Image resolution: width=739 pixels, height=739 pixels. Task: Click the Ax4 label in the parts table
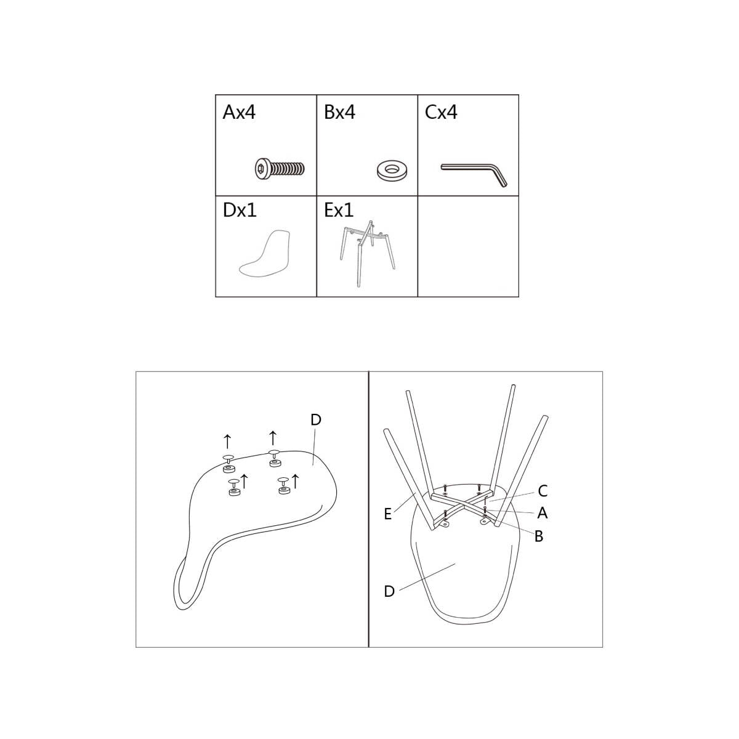(239, 112)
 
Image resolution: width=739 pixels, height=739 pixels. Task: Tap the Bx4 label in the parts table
(339, 112)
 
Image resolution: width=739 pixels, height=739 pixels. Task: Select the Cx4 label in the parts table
(441, 112)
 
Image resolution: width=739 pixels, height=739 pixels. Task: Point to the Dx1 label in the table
(240, 210)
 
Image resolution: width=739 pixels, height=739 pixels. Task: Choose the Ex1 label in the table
(339, 210)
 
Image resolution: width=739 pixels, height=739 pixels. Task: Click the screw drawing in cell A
(280, 168)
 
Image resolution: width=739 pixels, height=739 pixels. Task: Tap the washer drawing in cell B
(392, 170)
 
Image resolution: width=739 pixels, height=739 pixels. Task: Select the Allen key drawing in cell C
(474, 173)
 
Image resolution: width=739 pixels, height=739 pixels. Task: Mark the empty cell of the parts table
(468, 246)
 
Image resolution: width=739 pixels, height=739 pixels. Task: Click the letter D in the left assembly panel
(316, 420)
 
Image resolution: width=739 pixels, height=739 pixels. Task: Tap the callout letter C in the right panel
(543, 491)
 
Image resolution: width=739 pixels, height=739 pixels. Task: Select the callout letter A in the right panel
(543, 513)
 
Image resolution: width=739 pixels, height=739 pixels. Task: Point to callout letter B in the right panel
(539, 536)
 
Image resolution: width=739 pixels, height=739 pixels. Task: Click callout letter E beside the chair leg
(388, 514)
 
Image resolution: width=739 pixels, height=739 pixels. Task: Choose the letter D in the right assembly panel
(389, 591)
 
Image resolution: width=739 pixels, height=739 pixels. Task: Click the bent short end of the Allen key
(500, 177)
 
